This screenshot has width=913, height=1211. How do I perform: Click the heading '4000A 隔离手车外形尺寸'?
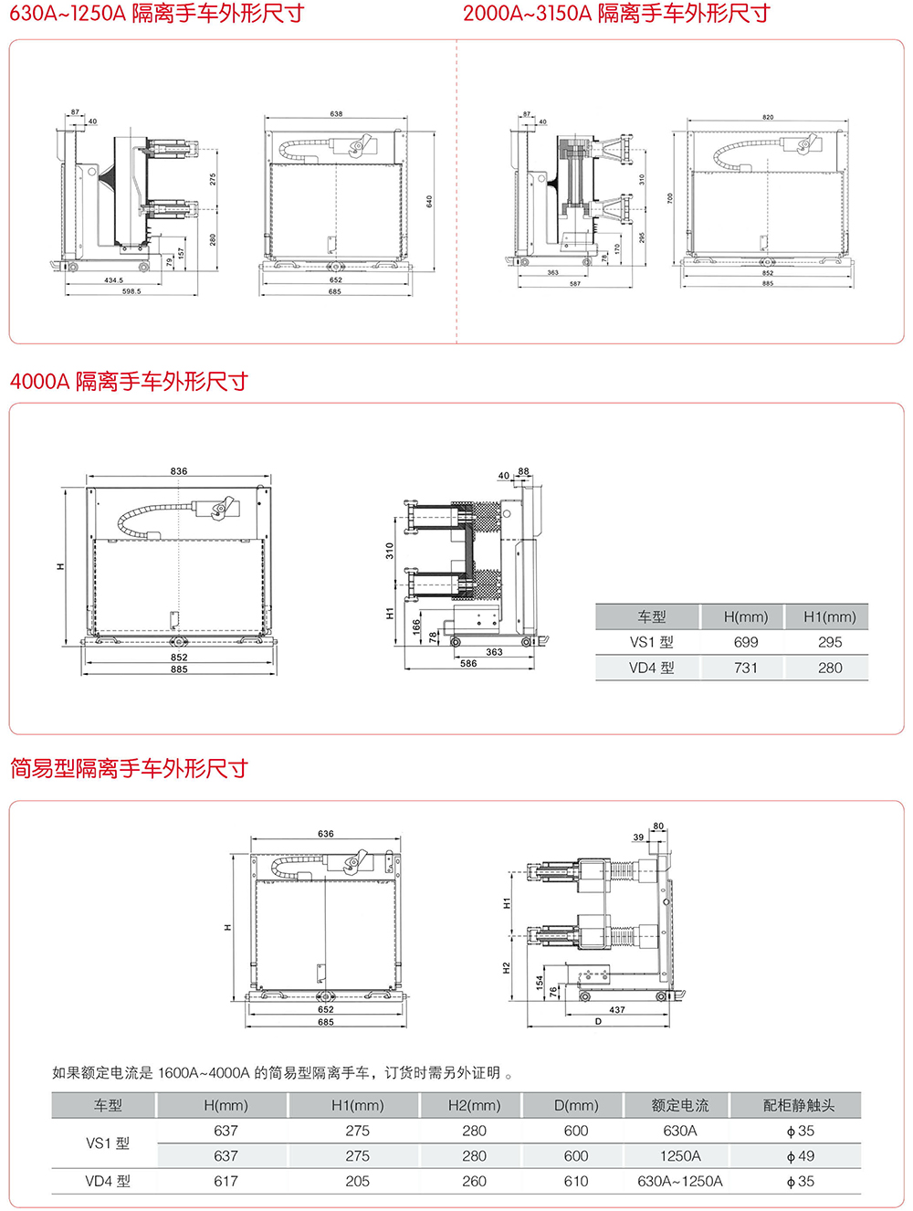129,382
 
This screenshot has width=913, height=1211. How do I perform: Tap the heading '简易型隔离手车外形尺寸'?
129,769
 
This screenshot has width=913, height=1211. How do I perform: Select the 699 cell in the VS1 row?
746,642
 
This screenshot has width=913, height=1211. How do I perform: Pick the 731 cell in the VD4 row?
746,668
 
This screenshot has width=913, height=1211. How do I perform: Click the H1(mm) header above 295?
829,616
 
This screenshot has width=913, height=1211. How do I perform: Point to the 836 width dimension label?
179,471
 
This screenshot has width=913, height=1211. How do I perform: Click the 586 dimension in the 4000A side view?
468,664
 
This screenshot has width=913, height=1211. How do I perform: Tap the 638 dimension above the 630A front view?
336,114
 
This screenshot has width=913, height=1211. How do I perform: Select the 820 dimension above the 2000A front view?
768,117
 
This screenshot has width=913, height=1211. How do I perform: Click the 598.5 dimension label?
131,291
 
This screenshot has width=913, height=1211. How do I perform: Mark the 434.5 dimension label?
113,280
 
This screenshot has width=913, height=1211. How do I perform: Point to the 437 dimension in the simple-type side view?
617,1010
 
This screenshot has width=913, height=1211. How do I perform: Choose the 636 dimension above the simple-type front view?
326,834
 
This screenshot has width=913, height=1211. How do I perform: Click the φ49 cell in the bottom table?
800,1156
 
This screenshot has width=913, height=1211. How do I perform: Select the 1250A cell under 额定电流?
680,1156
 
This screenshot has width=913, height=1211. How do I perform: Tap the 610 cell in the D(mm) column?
576,1181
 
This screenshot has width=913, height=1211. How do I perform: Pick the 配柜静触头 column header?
799,1105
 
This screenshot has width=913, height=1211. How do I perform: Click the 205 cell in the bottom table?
357,1181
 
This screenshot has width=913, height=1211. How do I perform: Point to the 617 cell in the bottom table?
226,1181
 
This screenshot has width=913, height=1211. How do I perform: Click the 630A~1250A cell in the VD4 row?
680,1181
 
